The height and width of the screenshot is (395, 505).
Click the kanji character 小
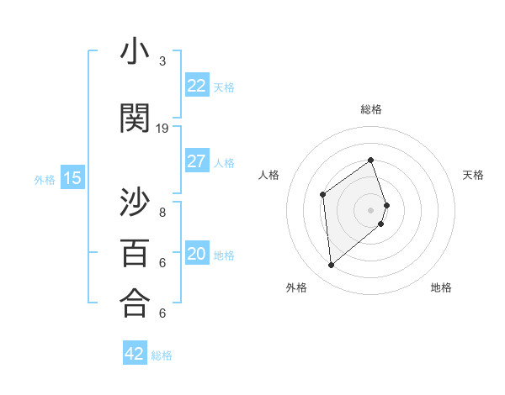[135, 53]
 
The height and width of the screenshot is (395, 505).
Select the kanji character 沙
[135, 202]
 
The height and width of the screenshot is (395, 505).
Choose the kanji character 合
[135, 303]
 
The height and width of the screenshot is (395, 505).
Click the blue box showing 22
[197, 86]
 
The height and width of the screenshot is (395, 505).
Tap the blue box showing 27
[197, 161]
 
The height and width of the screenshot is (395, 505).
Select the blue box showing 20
[197, 255]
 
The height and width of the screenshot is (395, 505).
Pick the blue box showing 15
[72, 178]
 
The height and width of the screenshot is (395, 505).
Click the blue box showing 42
[135, 354]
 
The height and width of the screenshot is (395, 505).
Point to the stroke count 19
[162, 129]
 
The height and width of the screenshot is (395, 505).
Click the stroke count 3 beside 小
[162, 61]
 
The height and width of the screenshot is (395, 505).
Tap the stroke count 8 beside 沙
[162, 212]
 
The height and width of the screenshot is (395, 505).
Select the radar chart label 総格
[371, 109]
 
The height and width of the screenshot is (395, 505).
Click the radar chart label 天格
[473, 175]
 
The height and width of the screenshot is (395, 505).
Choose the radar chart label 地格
[441, 287]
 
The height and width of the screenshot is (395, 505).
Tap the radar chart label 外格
[296, 287]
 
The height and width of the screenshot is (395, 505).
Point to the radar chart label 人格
[269, 175]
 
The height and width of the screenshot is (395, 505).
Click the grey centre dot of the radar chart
[371, 209]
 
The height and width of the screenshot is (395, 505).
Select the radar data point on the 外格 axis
[331, 266]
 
